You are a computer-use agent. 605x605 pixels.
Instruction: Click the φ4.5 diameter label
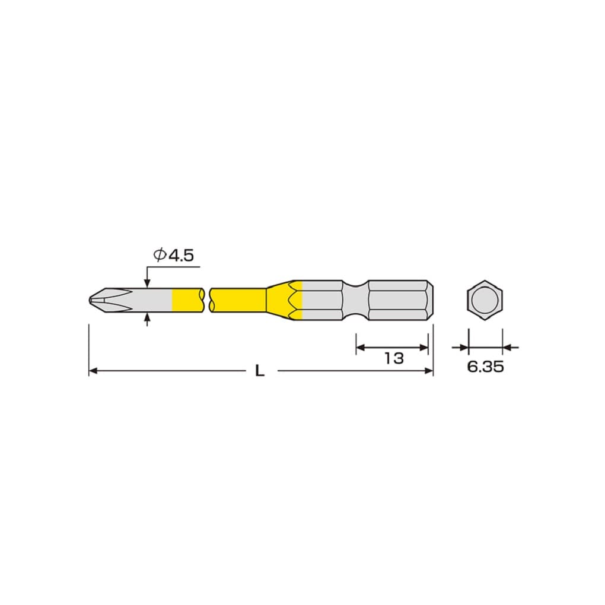coord(173,255)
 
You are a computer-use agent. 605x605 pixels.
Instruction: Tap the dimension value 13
coord(394,358)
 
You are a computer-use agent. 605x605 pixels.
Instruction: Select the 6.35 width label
coord(485,367)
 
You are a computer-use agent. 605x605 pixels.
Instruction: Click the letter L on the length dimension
coord(260,371)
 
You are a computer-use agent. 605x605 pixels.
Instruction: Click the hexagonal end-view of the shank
coord(485,300)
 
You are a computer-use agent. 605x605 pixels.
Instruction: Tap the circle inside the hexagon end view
coord(485,300)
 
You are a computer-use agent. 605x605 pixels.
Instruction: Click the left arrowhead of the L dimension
coord(93,371)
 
